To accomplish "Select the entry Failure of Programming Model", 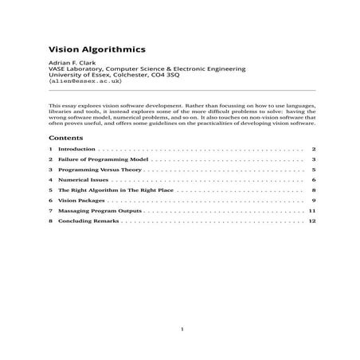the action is (99, 159).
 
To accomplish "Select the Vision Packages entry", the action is (84, 202).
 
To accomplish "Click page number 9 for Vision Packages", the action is (315, 202).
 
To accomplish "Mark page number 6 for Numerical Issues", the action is (315, 181).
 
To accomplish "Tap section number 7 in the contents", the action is (50, 212).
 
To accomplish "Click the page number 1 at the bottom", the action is (182, 327).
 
